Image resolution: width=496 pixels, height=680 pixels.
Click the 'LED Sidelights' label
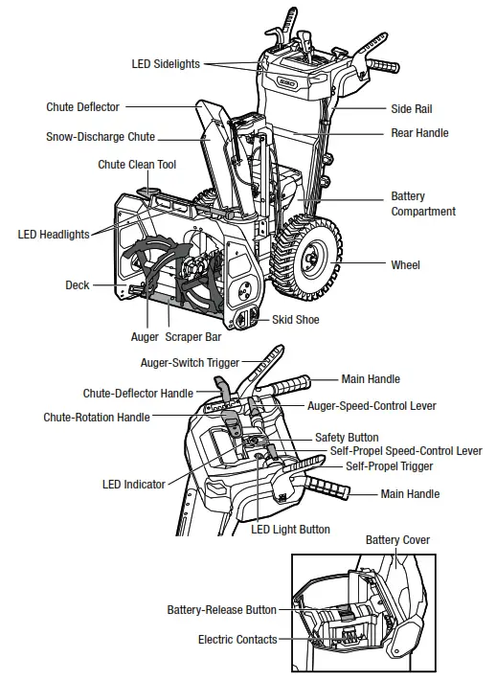point(166,64)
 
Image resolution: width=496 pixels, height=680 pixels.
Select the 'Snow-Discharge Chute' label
point(101,137)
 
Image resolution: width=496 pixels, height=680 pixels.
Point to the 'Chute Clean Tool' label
point(137,165)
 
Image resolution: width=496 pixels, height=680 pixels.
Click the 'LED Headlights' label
point(54,234)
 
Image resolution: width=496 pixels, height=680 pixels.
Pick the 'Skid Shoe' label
point(296,320)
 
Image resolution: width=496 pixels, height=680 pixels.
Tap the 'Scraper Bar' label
point(193,337)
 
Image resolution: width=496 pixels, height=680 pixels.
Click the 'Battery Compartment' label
point(422,204)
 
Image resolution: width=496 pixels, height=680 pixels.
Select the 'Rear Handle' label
point(419,133)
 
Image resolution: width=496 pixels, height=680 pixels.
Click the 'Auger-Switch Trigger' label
point(190,363)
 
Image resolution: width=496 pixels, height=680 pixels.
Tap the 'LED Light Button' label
point(290,530)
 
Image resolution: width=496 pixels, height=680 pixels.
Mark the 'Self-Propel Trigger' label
point(389,466)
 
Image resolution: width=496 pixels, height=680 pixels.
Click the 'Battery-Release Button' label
point(221,609)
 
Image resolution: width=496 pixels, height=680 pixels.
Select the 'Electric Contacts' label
point(237,639)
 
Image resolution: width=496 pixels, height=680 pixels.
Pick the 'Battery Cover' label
point(397,540)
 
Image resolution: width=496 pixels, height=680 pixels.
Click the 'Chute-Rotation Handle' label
point(97,418)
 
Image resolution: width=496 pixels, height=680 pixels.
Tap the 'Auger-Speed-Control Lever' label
point(372,406)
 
